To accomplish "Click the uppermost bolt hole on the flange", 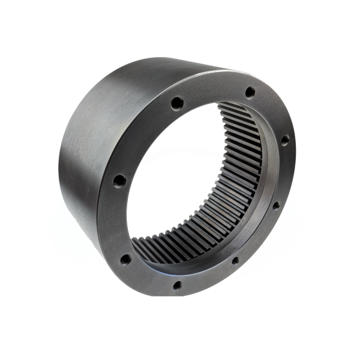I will pos(250,92).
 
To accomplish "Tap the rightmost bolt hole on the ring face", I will pos(285,140).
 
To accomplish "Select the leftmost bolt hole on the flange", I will pos(119,180).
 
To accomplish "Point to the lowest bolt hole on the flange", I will pos(178,285).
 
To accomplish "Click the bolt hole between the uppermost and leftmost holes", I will pos(176,103).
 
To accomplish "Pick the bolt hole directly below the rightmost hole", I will pos(275,205).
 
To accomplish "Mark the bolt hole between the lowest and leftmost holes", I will pos(125,260).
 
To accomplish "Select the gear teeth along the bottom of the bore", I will pos(180,243).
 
